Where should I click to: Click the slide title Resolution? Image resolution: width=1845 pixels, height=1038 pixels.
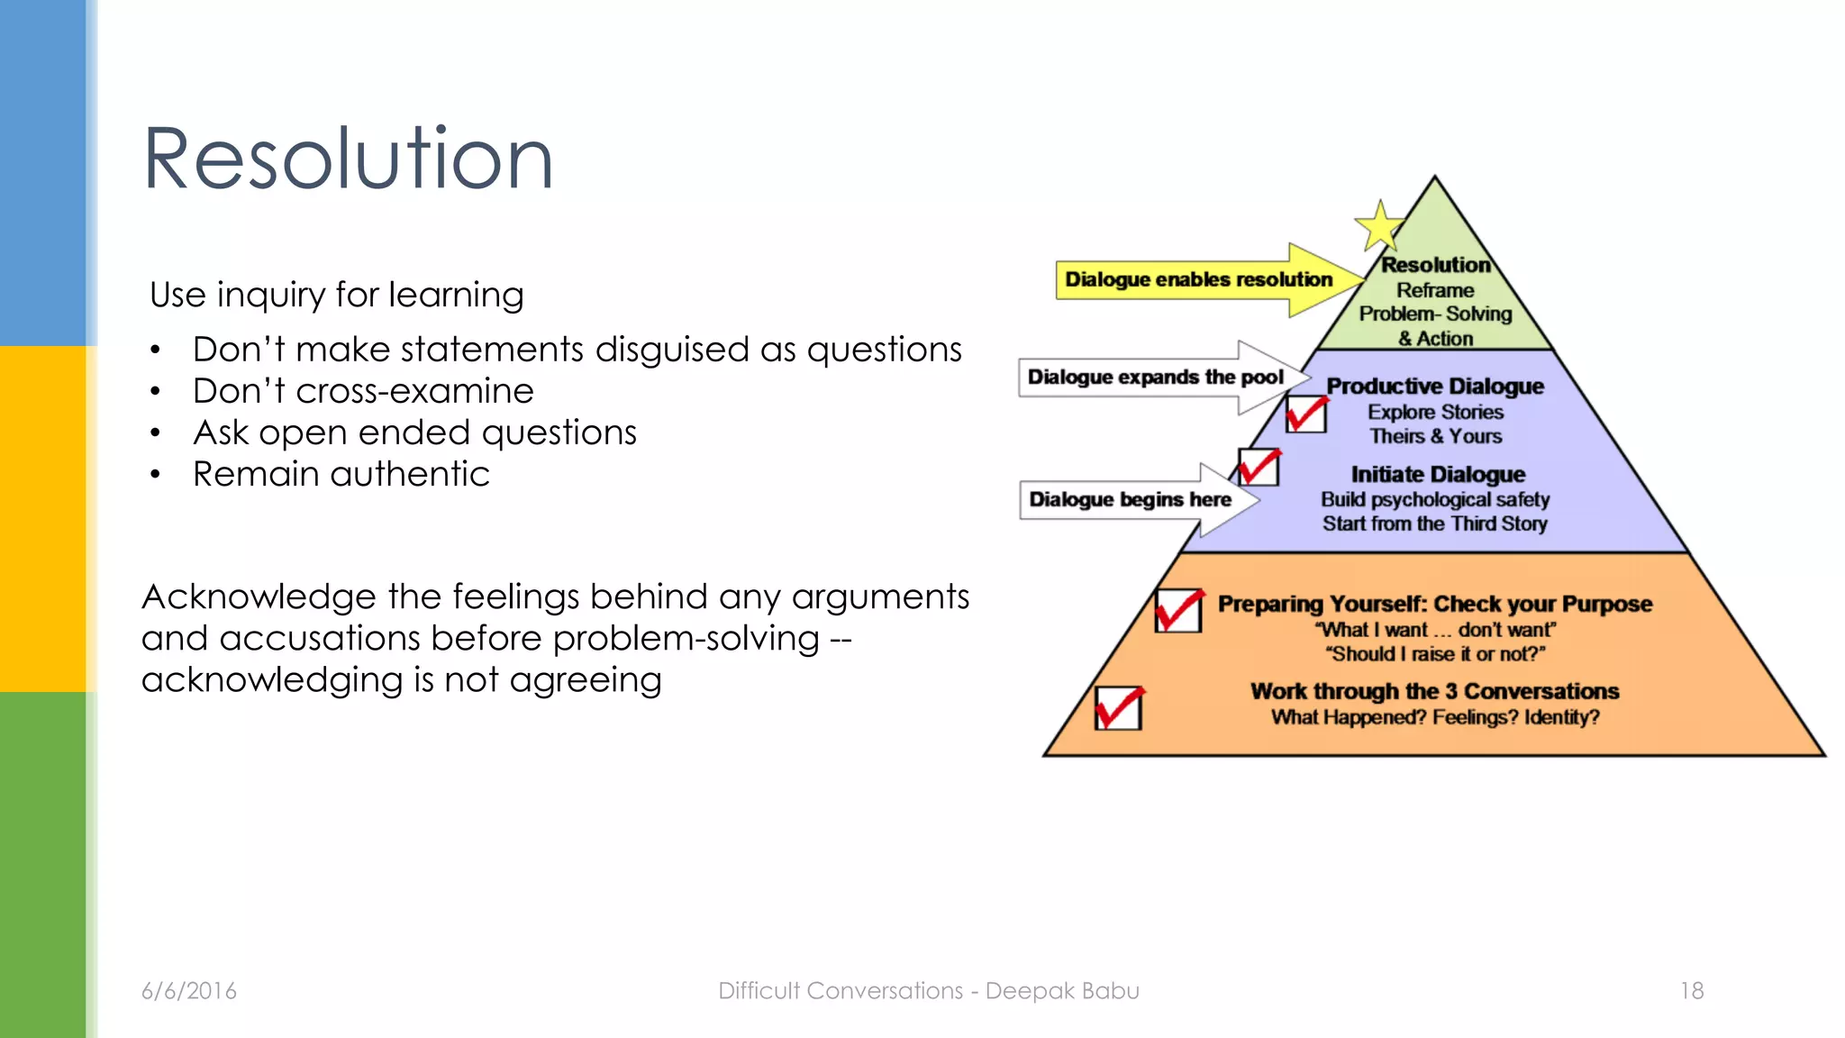(x=348, y=159)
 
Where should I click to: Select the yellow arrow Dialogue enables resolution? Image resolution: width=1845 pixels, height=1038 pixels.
(x=1198, y=279)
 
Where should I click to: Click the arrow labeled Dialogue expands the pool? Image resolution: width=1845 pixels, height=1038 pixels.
(x=1156, y=378)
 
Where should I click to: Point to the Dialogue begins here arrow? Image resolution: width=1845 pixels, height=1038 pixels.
(x=1131, y=500)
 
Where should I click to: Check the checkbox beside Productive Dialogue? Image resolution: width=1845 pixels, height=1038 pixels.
(x=1305, y=414)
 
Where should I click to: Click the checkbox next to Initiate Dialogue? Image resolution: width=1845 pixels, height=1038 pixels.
(x=1258, y=468)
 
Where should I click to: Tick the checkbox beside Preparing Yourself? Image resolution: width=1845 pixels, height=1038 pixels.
(x=1178, y=611)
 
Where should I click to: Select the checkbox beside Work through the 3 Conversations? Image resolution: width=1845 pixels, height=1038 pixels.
(x=1118, y=707)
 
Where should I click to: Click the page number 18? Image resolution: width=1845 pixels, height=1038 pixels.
(x=1691, y=991)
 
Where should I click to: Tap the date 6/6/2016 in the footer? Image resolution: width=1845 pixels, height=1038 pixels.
(x=189, y=991)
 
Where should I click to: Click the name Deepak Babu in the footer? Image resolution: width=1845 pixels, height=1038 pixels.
(x=1062, y=991)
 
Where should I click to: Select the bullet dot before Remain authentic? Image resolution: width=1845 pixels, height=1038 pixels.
(x=156, y=475)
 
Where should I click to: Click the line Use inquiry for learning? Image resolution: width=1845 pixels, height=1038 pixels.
(x=336, y=295)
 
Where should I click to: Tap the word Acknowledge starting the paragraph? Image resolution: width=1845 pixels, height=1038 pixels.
(x=259, y=597)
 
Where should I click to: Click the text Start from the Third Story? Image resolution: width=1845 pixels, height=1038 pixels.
(x=1434, y=524)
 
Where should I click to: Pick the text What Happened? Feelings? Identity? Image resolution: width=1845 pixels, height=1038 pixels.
(x=1435, y=717)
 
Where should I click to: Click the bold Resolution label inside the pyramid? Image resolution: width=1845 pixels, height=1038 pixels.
(x=1435, y=265)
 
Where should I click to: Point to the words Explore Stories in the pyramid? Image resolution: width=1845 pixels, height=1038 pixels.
(x=1435, y=413)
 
